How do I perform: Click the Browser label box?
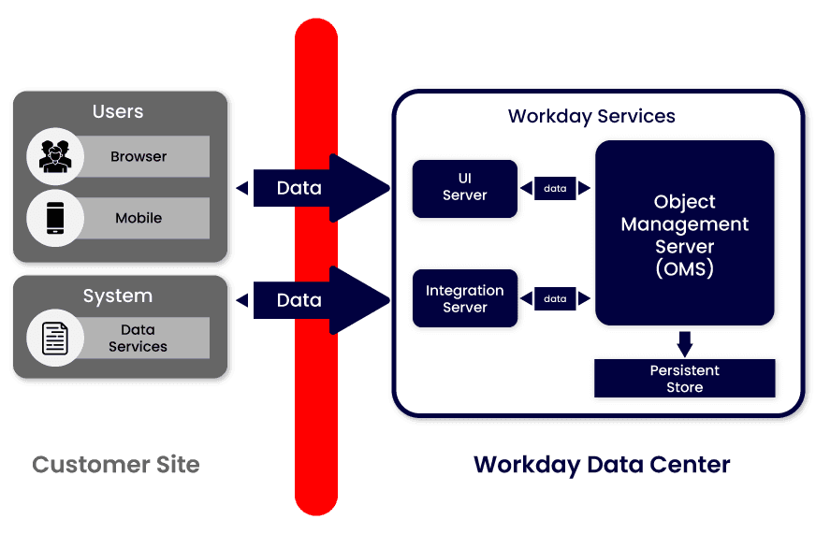pyautogui.click(x=140, y=156)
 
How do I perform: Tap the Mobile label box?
pyautogui.click(x=140, y=218)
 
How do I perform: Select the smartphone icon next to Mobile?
pyautogui.click(x=55, y=218)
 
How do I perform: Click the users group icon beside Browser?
pyautogui.click(x=55, y=156)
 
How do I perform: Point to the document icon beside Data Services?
pyautogui.click(x=55, y=338)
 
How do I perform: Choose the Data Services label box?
pyautogui.click(x=140, y=338)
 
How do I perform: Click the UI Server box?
pyautogui.click(x=465, y=188)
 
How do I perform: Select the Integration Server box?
pyautogui.click(x=465, y=298)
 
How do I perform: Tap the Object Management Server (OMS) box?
pyautogui.click(x=685, y=234)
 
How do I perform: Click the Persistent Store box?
pyautogui.click(x=685, y=379)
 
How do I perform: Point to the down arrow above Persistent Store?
pyautogui.click(x=685, y=343)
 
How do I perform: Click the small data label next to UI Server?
pyautogui.click(x=555, y=188)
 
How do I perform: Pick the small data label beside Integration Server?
pyautogui.click(x=555, y=298)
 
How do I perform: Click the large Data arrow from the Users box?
pyautogui.click(x=313, y=188)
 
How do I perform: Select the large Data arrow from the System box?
pyautogui.click(x=313, y=300)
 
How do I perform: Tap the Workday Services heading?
pyautogui.click(x=591, y=117)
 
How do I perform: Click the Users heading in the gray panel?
pyautogui.click(x=118, y=111)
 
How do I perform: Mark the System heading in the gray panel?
pyautogui.click(x=118, y=296)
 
